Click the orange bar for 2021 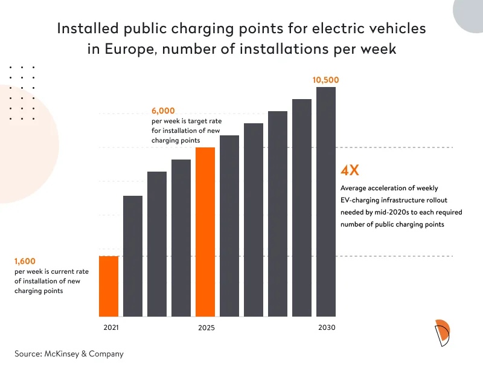point(109,286)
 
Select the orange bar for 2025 point(205,232)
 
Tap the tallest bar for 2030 point(326,202)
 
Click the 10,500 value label point(326,80)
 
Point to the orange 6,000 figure point(163,111)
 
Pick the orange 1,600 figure point(25,262)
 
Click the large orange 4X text point(351,170)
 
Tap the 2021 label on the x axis point(108,328)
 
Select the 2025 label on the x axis point(205,328)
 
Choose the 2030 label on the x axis point(326,328)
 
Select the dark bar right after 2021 point(133,256)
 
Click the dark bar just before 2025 point(181,238)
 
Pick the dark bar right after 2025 point(229,226)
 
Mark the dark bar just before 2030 point(302,208)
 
